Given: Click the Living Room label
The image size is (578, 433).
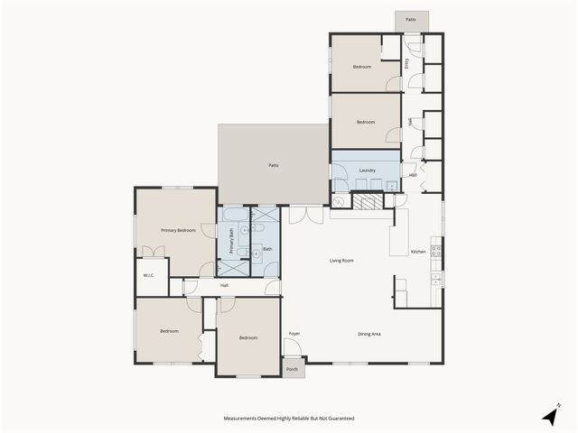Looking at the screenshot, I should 340,261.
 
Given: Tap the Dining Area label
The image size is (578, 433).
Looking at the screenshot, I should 368,335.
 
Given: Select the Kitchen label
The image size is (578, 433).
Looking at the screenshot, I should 418,252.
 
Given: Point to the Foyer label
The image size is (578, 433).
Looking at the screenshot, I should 294,334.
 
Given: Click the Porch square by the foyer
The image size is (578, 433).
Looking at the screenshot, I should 293,370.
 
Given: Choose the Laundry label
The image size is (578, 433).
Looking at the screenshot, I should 367,170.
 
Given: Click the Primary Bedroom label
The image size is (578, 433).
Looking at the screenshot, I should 178,231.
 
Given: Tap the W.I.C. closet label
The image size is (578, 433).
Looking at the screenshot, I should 150,276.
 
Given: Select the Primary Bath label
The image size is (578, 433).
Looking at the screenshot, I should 230,242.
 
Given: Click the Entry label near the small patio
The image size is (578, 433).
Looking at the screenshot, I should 407,62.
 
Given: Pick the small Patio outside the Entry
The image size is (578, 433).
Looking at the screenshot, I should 411,19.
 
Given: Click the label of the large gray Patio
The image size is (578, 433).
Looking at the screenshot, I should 273,165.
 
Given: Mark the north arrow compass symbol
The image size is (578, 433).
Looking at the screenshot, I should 550,415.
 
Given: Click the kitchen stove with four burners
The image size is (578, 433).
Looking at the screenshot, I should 436,250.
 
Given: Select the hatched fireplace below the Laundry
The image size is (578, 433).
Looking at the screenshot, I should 367,201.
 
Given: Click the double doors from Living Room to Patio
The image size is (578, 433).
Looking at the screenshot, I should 305,215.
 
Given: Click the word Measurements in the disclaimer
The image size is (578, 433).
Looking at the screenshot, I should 245,419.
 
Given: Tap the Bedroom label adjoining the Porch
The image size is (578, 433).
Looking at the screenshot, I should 248,338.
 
